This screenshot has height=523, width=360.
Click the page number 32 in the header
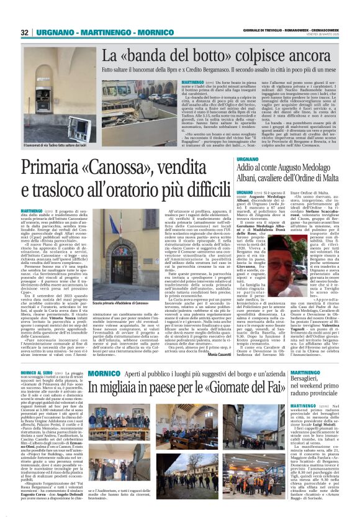click(25, 32)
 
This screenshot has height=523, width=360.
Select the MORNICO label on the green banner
click(106, 356)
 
